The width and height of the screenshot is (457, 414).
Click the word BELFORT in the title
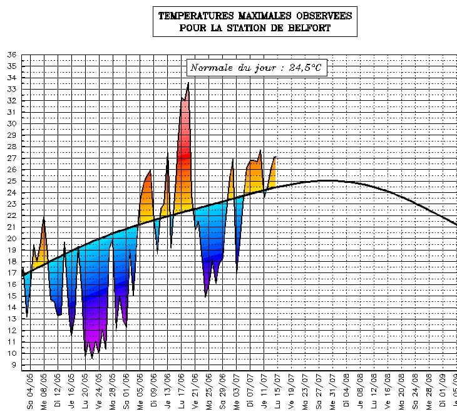pos(309,28)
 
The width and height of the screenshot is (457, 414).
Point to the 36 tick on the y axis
pos(11,54)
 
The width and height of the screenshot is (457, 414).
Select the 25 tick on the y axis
pos(11,181)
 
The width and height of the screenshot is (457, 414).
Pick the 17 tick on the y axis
pos(11,273)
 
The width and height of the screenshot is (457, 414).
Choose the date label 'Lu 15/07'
pos(278,390)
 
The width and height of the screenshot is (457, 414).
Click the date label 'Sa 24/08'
pos(416,390)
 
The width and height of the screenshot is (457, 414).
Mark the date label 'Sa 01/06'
pos(127,390)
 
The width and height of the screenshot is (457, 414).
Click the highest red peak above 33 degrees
pos(188,84)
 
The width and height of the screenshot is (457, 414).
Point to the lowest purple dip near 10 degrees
pos(92,357)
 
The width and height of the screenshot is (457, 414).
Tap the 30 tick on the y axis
pos(11,123)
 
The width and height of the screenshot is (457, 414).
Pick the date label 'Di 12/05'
pos(58,390)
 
